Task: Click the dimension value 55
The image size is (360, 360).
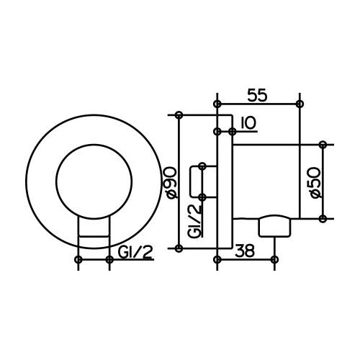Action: pos(257,95)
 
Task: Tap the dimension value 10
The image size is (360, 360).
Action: pos(248,123)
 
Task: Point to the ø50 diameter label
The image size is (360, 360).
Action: pos(315,183)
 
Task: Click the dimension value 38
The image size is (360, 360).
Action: pos(245,251)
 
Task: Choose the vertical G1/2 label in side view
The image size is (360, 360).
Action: pos(194,221)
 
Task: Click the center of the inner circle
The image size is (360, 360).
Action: pos(94,181)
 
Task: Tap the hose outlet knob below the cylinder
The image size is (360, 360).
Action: pos(274,226)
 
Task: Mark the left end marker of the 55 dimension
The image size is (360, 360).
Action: pos(217,104)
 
